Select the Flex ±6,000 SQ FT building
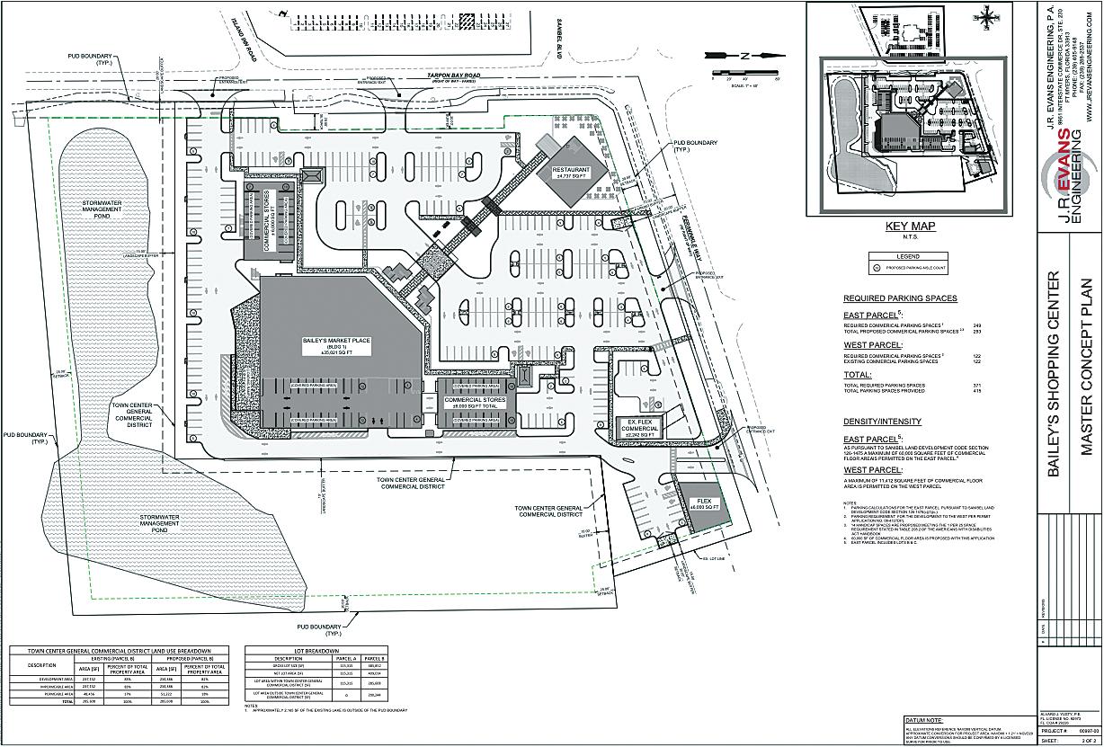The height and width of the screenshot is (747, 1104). [x=702, y=504]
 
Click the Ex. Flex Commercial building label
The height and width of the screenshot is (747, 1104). [x=639, y=425]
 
